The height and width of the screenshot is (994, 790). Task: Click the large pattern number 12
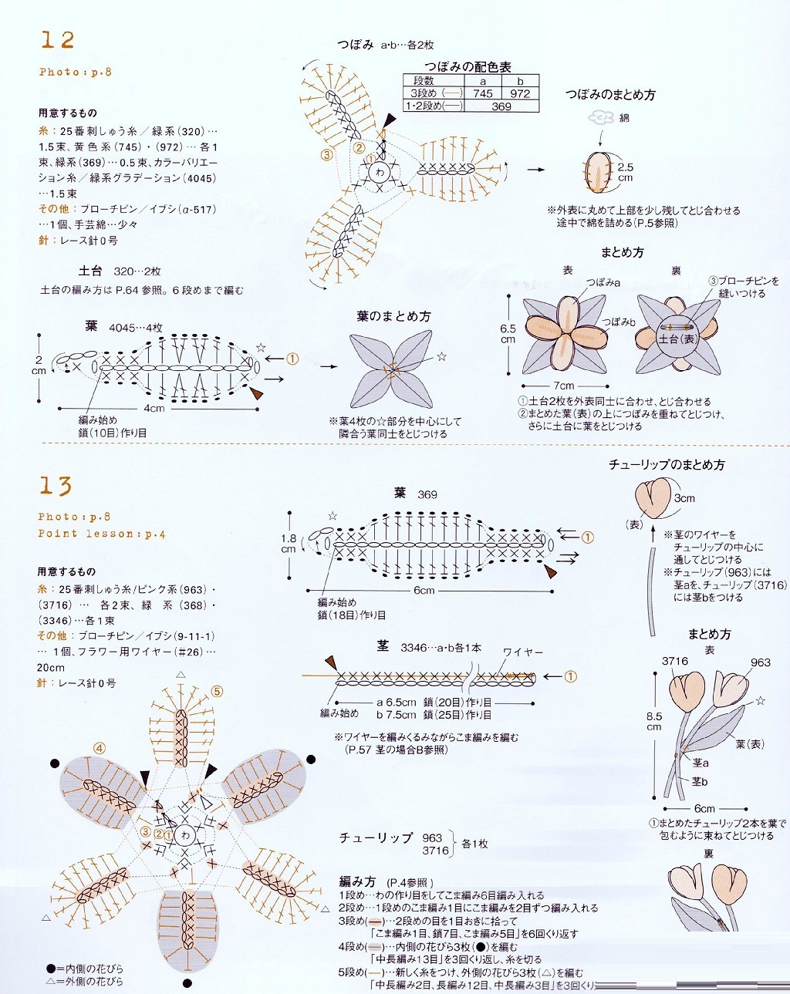(x=58, y=40)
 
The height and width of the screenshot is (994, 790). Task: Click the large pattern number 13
(x=56, y=486)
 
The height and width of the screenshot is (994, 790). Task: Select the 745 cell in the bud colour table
(x=483, y=93)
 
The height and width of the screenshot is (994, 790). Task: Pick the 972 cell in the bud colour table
(x=520, y=93)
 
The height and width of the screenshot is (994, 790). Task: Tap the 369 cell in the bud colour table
(x=501, y=106)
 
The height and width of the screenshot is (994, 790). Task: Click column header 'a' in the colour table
(x=483, y=81)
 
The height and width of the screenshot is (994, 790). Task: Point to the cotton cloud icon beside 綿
(x=600, y=117)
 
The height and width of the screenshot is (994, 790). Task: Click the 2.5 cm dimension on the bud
(x=625, y=172)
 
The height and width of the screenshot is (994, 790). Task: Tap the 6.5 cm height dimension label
(x=508, y=333)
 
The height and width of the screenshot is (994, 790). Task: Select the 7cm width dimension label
(x=563, y=386)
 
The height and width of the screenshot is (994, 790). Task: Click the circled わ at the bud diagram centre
(x=380, y=172)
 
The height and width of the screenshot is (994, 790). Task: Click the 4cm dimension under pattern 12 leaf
(x=154, y=408)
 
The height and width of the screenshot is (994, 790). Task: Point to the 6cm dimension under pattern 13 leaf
(x=424, y=591)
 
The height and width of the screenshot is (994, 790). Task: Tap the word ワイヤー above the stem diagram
(x=523, y=652)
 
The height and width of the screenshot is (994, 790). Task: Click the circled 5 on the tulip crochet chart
(x=217, y=692)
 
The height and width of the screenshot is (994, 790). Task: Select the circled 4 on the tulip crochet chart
(x=100, y=748)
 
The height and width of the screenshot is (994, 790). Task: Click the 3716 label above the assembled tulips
(x=674, y=661)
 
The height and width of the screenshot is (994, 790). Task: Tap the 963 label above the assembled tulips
(x=760, y=662)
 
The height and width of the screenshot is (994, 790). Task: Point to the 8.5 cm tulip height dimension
(x=654, y=721)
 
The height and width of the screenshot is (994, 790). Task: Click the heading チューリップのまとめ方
(x=667, y=465)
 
